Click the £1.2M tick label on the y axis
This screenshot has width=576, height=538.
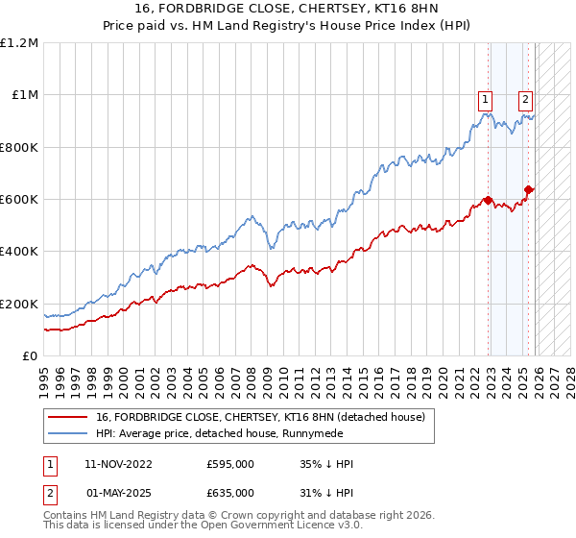coord(19,43)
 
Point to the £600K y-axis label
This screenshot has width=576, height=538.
coord(19,200)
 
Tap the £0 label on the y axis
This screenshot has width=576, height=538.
coord(30,355)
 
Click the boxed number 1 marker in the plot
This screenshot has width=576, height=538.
coord(486,97)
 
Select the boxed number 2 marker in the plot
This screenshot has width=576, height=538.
coord(526,97)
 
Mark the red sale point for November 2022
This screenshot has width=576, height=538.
coord(488,201)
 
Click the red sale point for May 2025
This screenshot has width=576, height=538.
coord(528,190)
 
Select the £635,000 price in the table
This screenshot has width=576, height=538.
coord(230,492)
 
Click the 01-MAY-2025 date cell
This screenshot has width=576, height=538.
coord(114,492)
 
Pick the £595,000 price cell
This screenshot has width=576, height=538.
coord(230,464)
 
